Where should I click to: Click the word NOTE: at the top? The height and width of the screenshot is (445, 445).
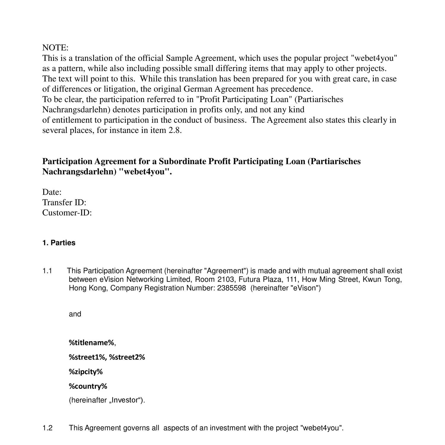[x=55, y=47]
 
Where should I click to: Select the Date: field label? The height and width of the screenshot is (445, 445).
[x=52, y=192]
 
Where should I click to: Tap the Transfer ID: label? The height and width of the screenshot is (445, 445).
[x=64, y=202]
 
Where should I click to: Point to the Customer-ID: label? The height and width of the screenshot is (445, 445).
[x=67, y=213]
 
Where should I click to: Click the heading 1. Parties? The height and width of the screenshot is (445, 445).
[x=59, y=243]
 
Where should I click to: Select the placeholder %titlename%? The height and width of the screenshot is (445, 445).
[x=91, y=343]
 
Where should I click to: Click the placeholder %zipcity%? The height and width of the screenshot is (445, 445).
[x=86, y=371]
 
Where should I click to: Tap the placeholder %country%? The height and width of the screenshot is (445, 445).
[x=88, y=386]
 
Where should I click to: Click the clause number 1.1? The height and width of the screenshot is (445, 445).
[x=47, y=271]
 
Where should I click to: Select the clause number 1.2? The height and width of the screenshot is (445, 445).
[x=47, y=428]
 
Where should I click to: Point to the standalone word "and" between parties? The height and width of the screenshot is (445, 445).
[x=75, y=314]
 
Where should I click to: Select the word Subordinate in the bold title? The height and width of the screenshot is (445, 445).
[x=182, y=161]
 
